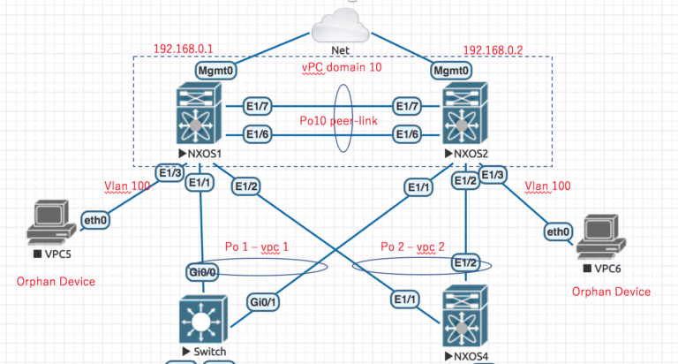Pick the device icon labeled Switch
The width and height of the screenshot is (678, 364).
point(202,320)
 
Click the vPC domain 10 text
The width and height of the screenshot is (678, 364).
point(338,67)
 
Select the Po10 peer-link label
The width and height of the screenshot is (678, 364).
point(339,119)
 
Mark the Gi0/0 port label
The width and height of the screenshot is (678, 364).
point(202,271)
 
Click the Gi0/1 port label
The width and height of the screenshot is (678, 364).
point(262,302)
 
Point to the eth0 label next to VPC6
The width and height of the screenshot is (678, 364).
point(557,232)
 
